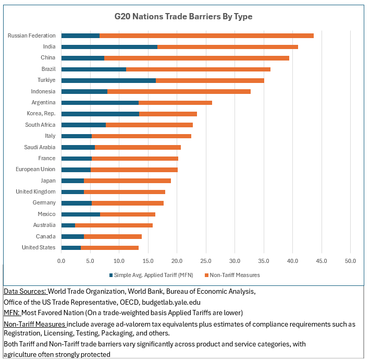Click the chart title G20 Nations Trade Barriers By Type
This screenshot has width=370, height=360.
(183, 17)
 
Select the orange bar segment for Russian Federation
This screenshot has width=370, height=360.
(206, 35)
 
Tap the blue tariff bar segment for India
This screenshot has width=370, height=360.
(109, 47)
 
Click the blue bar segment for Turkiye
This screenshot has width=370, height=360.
(108, 80)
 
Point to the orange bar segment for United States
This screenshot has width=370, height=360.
(109, 247)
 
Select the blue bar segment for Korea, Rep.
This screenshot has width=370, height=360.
(100, 114)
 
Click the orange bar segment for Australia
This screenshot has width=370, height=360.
(114, 225)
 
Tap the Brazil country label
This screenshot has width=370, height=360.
(48, 69)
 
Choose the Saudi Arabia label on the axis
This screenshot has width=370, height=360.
(40, 147)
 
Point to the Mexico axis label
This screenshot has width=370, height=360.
(46, 214)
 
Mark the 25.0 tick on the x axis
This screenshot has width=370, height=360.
(206, 260)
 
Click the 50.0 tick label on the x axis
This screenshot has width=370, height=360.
(350, 260)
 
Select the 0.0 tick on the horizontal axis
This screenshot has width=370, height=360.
(61, 260)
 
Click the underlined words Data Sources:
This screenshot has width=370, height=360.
(25, 291)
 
